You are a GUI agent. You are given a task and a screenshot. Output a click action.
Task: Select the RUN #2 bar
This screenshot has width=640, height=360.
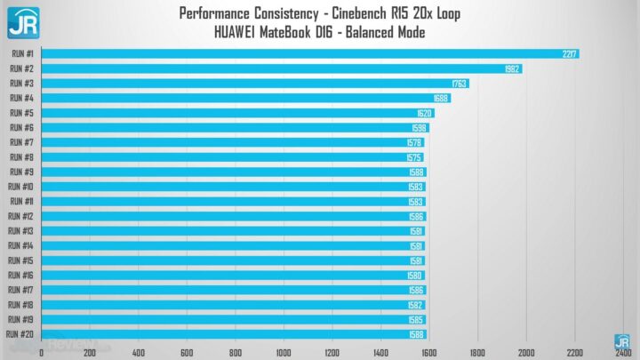[282, 68]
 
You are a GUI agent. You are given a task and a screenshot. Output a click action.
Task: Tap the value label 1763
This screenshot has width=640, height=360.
[460, 84]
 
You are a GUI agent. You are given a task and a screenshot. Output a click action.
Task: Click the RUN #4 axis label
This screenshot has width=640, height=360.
[21, 98]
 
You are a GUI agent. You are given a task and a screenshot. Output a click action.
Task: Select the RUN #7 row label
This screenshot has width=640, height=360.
[21, 142]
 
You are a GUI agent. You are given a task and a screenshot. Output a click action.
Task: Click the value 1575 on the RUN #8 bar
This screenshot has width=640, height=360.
[414, 157]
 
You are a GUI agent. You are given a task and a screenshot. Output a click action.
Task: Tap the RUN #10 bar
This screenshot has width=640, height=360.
[233, 187]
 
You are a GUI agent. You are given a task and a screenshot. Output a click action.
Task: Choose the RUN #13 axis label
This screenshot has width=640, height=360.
[21, 230]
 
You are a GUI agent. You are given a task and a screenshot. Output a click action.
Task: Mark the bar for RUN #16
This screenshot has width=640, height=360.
[233, 275]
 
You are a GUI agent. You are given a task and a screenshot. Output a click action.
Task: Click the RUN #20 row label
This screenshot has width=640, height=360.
[20, 333]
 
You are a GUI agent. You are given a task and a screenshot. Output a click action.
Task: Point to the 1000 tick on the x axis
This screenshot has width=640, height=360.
[284, 352]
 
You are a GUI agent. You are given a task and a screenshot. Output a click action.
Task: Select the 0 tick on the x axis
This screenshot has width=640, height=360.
[42, 352]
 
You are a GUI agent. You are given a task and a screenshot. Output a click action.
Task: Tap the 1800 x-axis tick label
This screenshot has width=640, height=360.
[477, 352]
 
